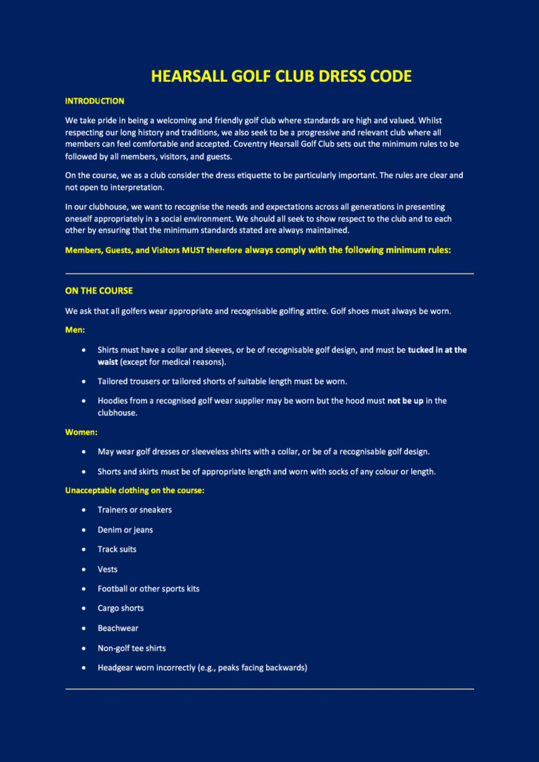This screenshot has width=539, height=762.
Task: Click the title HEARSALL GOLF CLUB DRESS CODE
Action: click(281, 76)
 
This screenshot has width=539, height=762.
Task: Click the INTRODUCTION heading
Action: click(95, 101)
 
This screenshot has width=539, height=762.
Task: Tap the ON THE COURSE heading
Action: click(99, 291)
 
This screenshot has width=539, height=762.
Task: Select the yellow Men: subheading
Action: click(75, 330)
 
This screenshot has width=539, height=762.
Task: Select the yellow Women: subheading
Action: click(81, 432)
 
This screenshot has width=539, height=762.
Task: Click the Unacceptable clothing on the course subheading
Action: click(135, 490)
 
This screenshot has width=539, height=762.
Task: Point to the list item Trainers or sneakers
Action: click(135, 510)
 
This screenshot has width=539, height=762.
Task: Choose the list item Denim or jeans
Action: click(125, 530)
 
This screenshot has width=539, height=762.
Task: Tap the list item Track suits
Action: click(117, 549)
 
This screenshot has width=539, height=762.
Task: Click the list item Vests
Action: click(107, 569)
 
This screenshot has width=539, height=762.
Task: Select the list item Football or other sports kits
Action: click(149, 589)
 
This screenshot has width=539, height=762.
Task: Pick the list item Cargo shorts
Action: click(120, 608)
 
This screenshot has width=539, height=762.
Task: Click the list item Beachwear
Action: click(118, 628)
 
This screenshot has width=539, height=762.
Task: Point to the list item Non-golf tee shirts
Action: click(131, 648)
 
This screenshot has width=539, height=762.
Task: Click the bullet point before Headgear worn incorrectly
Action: click(84, 667)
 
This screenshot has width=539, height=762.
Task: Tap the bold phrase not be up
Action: click(405, 401)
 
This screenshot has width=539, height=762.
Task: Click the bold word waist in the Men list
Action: click(108, 362)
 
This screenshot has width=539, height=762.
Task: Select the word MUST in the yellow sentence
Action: click(193, 250)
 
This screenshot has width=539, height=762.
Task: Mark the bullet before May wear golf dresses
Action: click(84, 452)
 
